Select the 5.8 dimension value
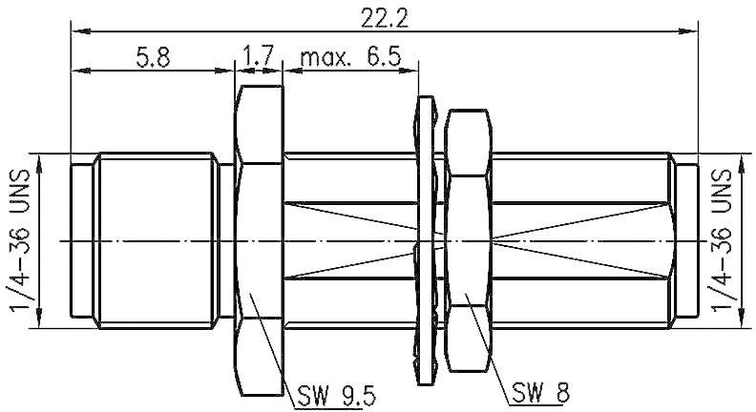[x=153, y=57]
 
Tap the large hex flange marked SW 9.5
[x=258, y=238]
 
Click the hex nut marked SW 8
[x=468, y=238]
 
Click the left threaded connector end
[x=153, y=238]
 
